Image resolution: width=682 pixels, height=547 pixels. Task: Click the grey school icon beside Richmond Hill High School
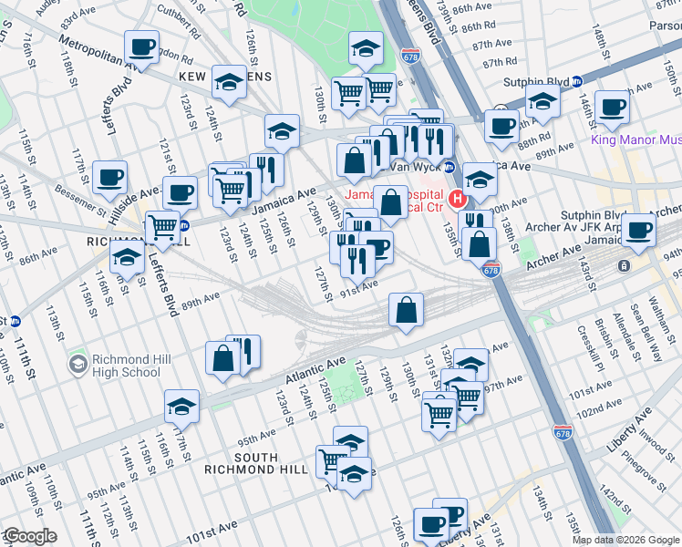[78, 365]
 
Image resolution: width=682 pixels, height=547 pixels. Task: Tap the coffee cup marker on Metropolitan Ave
[141, 46]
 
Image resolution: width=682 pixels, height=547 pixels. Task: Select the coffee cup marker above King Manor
[611, 105]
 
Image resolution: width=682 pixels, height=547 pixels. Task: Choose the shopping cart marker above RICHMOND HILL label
[162, 226]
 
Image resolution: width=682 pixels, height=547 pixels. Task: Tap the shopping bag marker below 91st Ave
[406, 310]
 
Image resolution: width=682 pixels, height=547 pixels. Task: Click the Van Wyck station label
[414, 167]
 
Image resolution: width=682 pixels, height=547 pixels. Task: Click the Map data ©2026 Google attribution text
[625, 540]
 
